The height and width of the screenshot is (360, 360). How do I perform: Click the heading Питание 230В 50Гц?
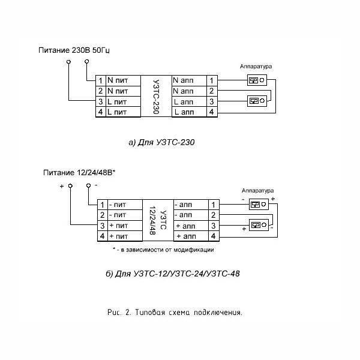pyautogui.click(x=74, y=50)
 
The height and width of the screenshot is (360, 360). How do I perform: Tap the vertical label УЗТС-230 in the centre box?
pyautogui.click(x=156, y=97)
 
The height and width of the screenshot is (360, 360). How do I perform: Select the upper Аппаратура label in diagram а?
pyautogui.click(x=256, y=67)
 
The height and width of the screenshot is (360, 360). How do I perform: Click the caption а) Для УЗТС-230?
pyautogui.click(x=161, y=142)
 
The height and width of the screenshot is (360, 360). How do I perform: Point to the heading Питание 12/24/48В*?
pyautogui.click(x=79, y=173)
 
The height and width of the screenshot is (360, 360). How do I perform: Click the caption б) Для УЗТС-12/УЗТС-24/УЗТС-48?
pyautogui.click(x=173, y=274)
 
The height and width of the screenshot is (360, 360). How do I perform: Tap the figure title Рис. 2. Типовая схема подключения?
pyautogui.click(x=175, y=313)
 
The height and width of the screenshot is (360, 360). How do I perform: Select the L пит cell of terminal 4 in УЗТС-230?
pyautogui.click(x=123, y=112)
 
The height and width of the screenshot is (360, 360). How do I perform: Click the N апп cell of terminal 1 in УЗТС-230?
pyautogui.click(x=189, y=80)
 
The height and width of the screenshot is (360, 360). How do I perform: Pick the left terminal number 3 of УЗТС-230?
pyautogui.click(x=101, y=101)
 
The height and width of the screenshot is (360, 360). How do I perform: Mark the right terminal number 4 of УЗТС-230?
pyautogui.click(x=212, y=112)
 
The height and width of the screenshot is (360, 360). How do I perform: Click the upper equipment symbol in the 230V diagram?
pyautogui.click(x=257, y=80)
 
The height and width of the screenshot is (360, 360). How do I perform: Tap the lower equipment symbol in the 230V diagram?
pyautogui.click(x=257, y=101)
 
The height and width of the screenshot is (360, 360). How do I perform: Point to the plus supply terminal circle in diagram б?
pyautogui.click(x=70, y=186)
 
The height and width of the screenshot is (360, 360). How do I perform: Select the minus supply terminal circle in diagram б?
pyautogui.click(x=88, y=185)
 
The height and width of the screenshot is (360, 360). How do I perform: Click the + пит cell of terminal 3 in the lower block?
pyautogui.click(x=125, y=226)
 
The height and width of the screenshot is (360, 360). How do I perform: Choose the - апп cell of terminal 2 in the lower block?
pyautogui.click(x=191, y=215)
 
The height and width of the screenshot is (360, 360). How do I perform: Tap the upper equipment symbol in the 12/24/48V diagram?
pyautogui.click(x=259, y=205)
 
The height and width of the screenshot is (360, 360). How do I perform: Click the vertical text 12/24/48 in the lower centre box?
pyautogui.click(x=153, y=220)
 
